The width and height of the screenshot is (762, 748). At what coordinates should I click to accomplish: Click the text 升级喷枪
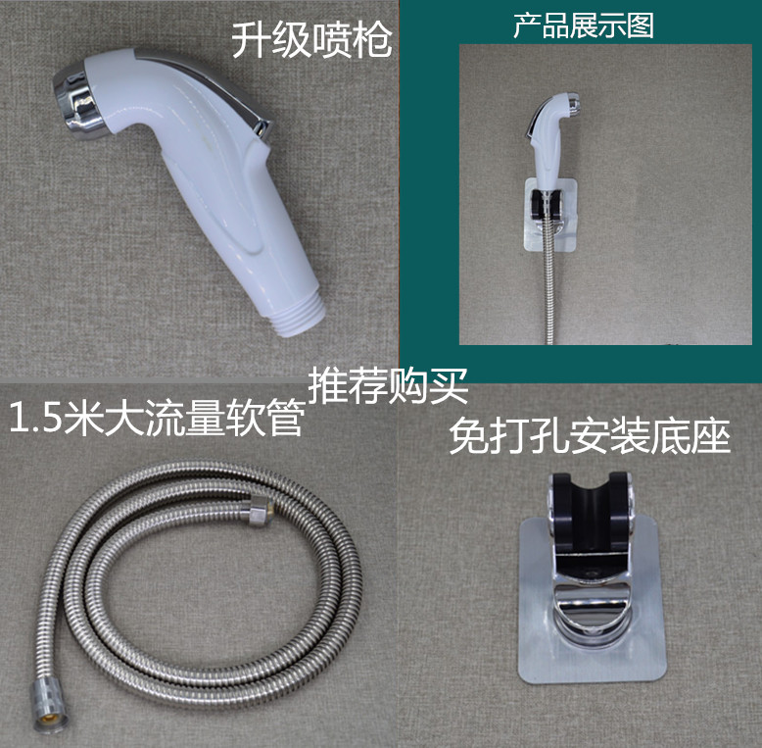coord(311,41)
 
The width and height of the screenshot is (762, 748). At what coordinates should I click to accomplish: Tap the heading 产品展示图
coord(584,25)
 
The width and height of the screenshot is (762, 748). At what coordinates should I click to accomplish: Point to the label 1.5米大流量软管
coord(155,421)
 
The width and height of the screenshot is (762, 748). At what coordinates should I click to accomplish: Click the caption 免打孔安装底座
coord(590,436)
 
